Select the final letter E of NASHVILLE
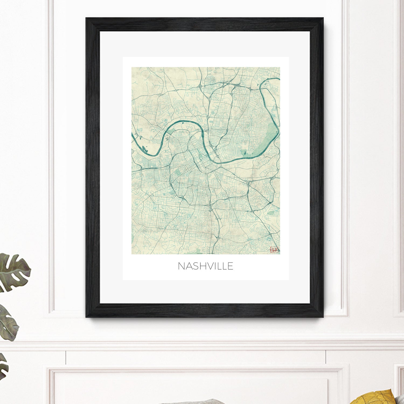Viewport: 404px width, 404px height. pyautogui.click(x=231, y=266)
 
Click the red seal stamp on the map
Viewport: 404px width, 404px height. pyautogui.click(x=274, y=250)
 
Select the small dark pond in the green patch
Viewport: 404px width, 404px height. pyautogui.click(x=245, y=153)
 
